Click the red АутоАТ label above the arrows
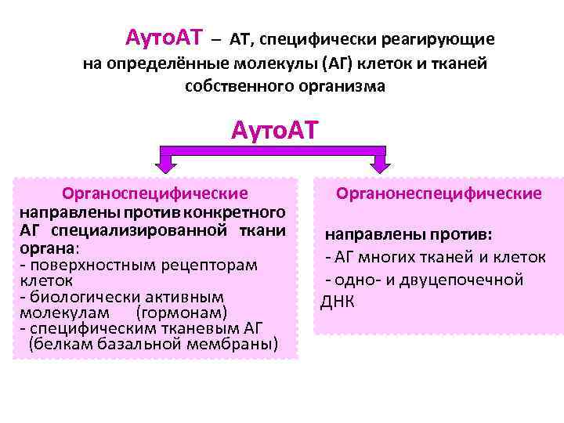(x=275, y=130)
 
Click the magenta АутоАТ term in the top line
(x=164, y=37)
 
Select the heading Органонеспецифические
(x=439, y=193)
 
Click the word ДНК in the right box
(x=338, y=302)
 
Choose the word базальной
(x=154, y=344)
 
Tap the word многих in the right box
(x=391, y=257)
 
